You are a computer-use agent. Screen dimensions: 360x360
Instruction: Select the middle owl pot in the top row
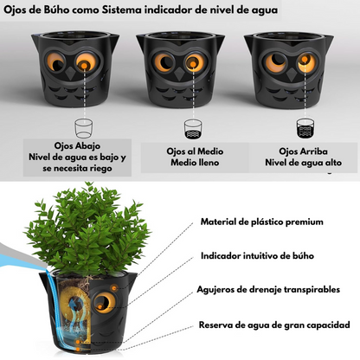(x=181, y=68)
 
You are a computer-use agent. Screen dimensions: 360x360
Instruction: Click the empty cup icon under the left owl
(x=82, y=128)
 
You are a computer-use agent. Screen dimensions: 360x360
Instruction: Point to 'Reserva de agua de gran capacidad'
(x=273, y=325)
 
